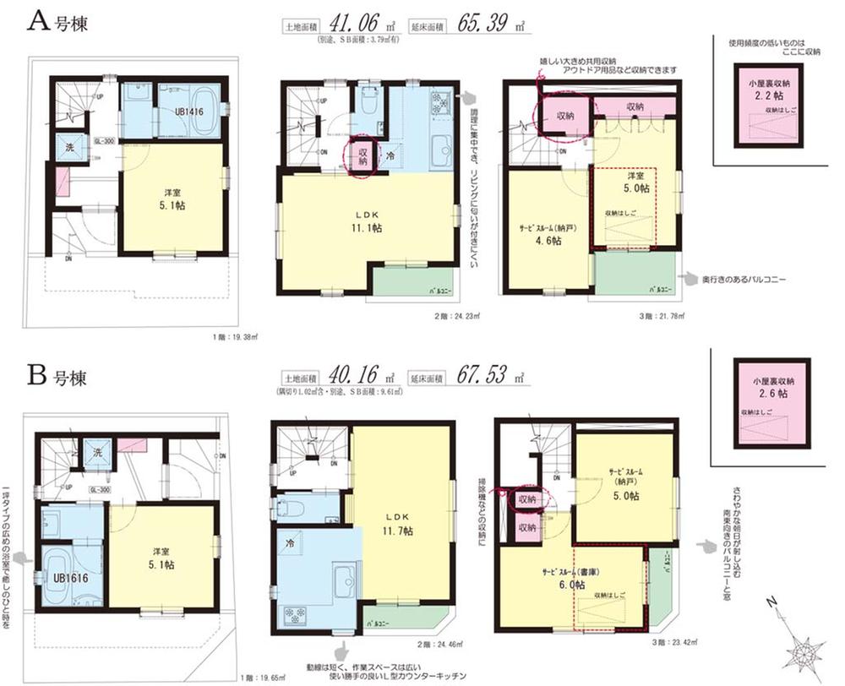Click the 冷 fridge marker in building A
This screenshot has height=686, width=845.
[390, 156]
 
